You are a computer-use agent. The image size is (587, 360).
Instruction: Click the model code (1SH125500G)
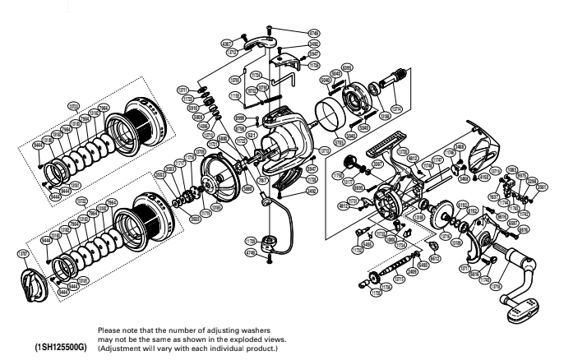click(x=60, y=347)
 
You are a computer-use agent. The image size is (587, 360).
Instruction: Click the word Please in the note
click(x=109, y=330)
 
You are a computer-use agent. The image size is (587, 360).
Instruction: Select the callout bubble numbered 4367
click(x=227, y=44)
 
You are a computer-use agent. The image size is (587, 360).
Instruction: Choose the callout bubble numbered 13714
click(x=397, y=108)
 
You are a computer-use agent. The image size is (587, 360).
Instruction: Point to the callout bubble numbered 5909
click(x=198, y=117)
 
